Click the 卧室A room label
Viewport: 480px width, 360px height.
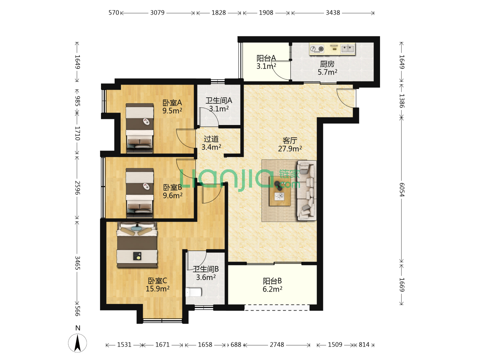click(172, 103)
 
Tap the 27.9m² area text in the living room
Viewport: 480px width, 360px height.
click(290, 149)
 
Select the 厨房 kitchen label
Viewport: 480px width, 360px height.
click(327, 64)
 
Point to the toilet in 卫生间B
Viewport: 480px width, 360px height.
click(194, 292)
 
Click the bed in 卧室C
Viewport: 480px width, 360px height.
click(137, 245)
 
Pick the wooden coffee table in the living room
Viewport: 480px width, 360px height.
click(280, 191)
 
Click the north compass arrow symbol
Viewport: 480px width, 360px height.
click(77, 343)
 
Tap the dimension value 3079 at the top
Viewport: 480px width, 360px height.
click(157, 13)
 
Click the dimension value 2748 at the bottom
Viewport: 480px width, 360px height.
click(277, 345)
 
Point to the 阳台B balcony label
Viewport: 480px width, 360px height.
click(272, 281)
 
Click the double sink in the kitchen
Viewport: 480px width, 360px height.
click(347, 48)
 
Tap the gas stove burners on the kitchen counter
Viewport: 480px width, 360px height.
click(317, 49)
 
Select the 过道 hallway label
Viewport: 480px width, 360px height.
click(211, 139)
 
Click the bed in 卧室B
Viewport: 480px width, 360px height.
click(140, 193)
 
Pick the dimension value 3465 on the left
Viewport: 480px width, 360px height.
click(77, 263)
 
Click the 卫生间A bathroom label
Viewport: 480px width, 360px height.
click(219, 100)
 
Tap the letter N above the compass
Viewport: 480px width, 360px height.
click(78, 328)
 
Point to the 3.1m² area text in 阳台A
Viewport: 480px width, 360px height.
click(266, 66)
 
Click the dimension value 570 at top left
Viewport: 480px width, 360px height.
click(114, 13)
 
